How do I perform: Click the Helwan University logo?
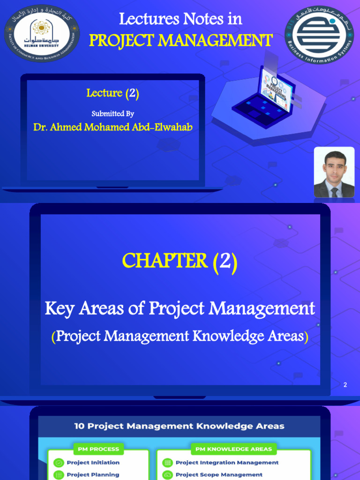[x=42, y=33]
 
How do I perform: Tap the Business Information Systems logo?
[x=320, y=33]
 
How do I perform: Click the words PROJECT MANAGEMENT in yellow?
[x=180, y=41]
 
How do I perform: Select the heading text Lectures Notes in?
[x=180, y=19]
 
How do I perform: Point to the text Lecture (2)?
[x=112, y=93]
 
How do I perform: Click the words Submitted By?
[x=112, y=113]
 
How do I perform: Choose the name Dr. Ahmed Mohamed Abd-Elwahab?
[x=113, y=127]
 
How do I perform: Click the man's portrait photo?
[x=334, y=172]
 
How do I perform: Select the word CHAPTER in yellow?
[x=165, y=261]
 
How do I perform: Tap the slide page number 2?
[x=345, y=385]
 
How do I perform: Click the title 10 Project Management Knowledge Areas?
[x=180, y=426]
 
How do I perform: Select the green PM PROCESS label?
[x=98, y=449]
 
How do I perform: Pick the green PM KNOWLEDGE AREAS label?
[x=233, y=449]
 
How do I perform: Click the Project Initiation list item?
[x=93, y=462]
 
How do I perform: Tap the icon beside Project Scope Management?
[x=167, y=474]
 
